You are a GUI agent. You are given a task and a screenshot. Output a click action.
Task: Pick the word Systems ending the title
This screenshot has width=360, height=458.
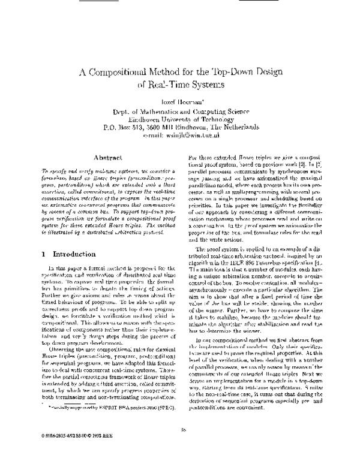point(208,86)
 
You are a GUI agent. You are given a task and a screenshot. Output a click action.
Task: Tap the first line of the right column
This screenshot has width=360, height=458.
point(252,155)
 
